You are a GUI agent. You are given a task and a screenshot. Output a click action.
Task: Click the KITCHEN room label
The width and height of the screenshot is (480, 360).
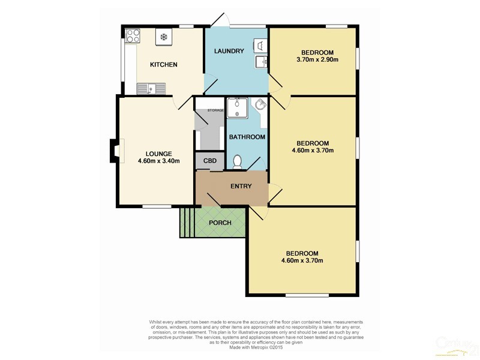(x=163, y=65)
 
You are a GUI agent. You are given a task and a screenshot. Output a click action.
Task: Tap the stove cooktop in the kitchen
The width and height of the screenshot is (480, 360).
(x=133, y=36)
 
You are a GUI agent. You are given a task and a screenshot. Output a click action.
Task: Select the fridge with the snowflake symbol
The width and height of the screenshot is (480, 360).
(x=163, y=37)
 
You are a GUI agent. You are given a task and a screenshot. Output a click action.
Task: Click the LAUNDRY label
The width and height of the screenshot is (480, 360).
(x=229, y=51)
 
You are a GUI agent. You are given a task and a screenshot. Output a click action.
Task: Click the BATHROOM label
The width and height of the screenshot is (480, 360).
(x=247, y=137)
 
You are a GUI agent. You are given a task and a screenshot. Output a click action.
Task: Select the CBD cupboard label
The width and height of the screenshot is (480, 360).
(x=210, y=161)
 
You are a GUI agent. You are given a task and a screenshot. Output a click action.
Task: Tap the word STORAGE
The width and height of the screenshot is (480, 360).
(x=215, y=110)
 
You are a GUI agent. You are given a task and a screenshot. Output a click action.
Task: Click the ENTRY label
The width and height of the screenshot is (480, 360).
(x=241, y=186)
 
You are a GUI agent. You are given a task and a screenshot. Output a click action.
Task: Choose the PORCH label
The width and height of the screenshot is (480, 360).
(x=220, y=223)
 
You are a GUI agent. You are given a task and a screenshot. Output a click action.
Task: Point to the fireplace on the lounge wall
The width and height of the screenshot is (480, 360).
(x=114, y=151)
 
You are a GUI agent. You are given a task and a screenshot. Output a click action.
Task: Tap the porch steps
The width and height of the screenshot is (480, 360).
(x=187, y=223)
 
